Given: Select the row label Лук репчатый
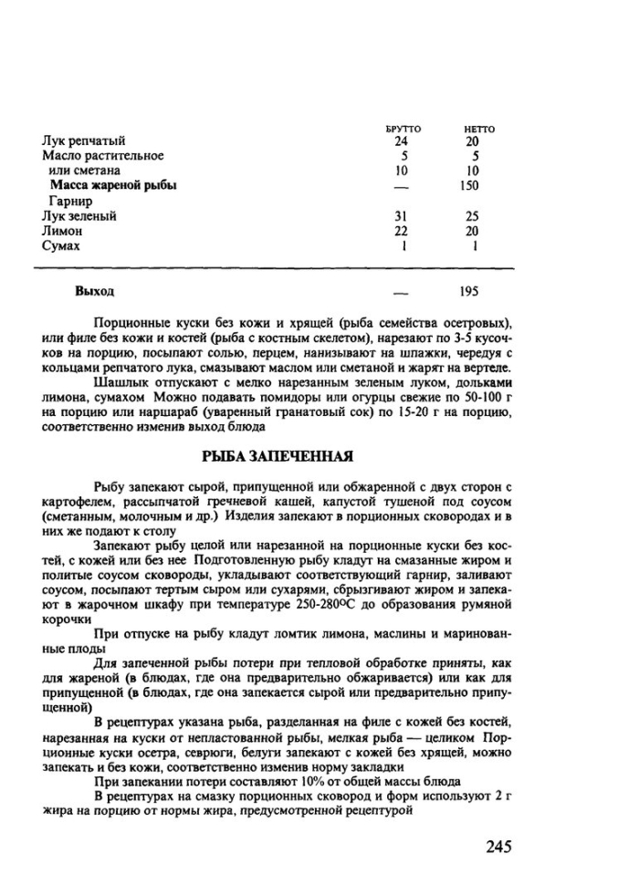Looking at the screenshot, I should coord(82,141).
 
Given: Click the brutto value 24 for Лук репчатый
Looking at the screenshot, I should coord(401,141).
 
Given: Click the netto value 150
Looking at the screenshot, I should coord(471,185).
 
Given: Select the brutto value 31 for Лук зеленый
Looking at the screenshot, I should coord(401,216).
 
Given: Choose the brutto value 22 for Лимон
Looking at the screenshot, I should coord(401,232).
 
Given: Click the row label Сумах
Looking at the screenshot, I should coord(60,246).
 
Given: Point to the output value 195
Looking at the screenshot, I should coord(470,292).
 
